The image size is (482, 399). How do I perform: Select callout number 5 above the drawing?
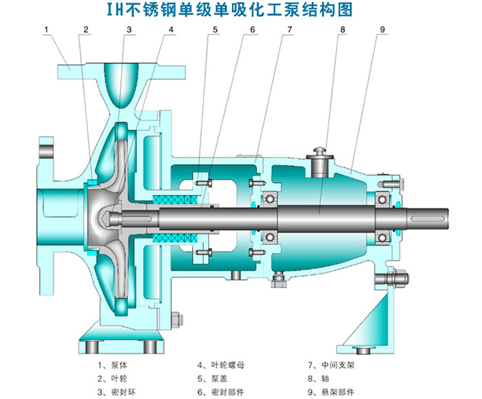pos(215,29)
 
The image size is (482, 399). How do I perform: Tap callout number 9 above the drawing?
pos(382,29)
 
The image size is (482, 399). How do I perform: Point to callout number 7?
pos(290,29)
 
